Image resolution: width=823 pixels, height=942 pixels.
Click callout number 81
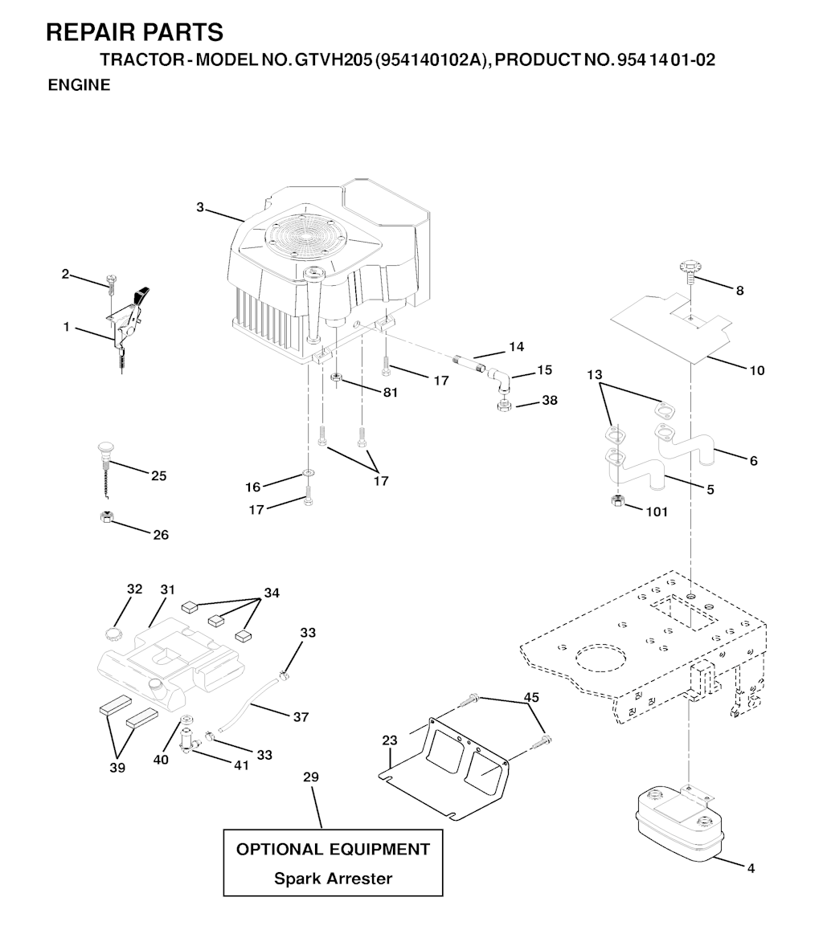[391, 392]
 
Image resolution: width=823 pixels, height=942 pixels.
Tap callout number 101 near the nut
[657, 512]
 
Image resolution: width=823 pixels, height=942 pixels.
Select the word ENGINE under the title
[79, 85]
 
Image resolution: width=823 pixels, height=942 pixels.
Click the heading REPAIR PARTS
[134, 32]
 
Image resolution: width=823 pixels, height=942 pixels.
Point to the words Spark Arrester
[333, 878]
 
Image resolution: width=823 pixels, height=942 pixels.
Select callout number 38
[550, 400]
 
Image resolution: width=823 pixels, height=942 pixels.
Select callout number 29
[311, 777]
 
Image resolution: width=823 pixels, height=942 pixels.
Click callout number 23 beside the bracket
[390, 740]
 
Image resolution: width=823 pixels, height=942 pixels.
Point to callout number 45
[531, 697]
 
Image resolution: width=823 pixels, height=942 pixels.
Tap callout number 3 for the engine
[200, 207]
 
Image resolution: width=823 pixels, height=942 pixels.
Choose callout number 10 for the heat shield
[757, 370]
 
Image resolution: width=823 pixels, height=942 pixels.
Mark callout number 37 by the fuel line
[301, 717]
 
